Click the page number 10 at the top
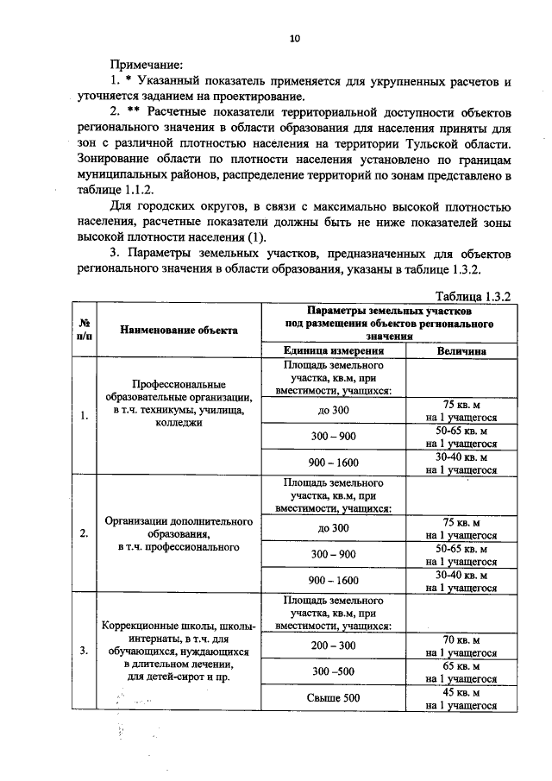coord(295,38)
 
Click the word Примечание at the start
coord(146,65)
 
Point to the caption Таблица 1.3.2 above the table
coord(474,296)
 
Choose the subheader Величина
coord(461,351)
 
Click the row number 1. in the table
coord(84,416)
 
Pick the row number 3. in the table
coord(84,651)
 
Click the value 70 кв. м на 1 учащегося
coord(461,646)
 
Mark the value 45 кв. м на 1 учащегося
coord(461,698)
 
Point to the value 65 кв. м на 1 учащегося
coord(461,672)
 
